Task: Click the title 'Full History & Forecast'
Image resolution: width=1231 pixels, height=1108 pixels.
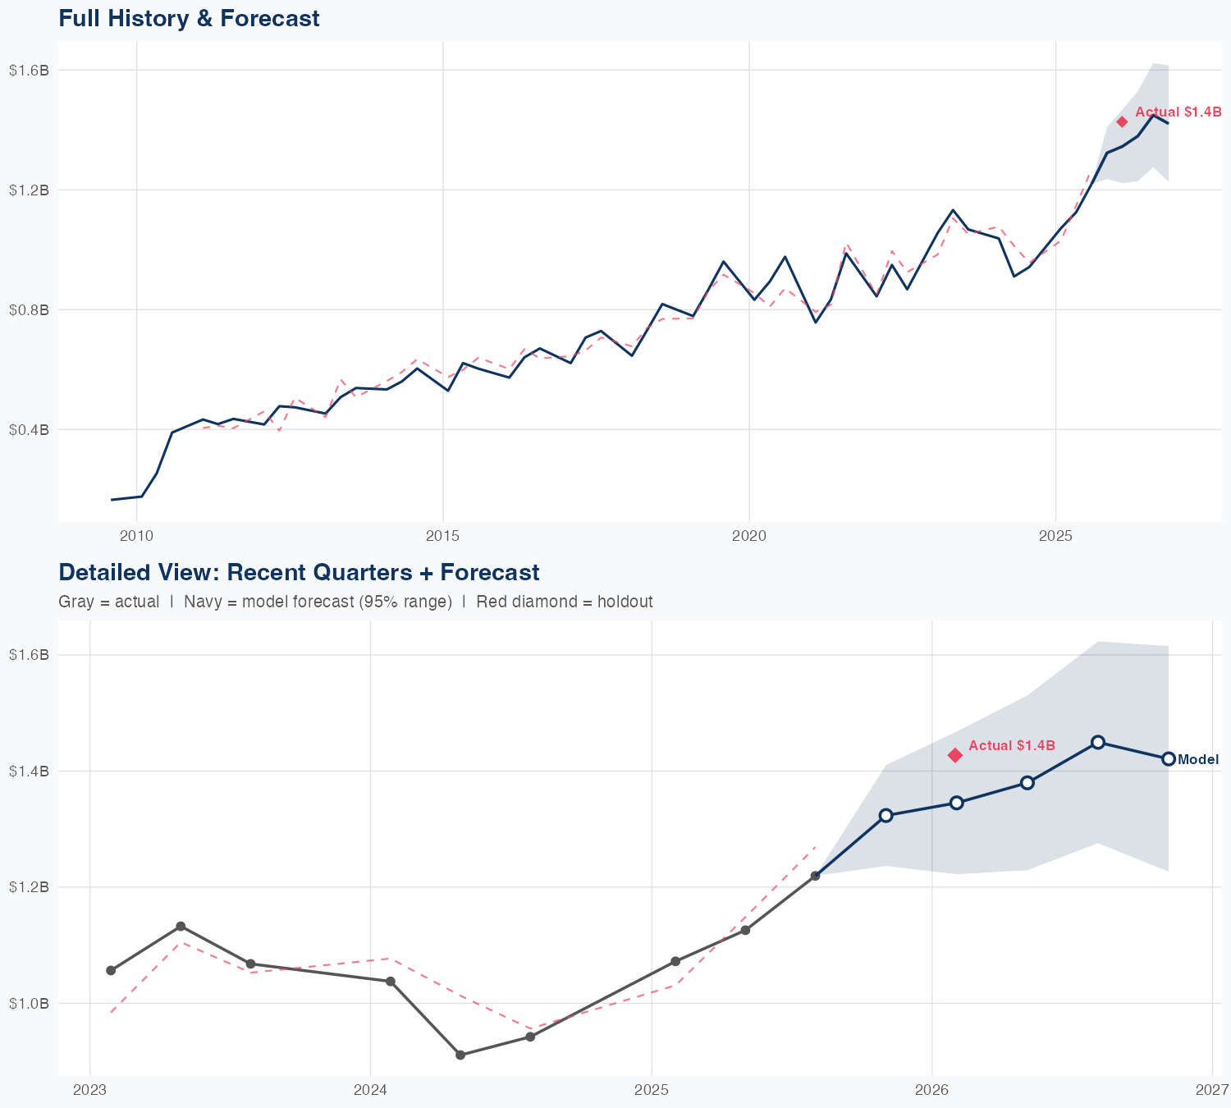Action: pyautogui.click(x=189, y=18)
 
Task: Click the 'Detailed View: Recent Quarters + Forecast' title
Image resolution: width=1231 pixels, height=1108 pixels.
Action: pyautogui.click(x=299, y=572)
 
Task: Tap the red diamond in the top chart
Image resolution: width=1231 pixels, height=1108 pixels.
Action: pyautogui.click(x=1122, y=122)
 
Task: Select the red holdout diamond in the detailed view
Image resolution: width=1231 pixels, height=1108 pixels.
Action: pyautogui.click(x=955, y=755)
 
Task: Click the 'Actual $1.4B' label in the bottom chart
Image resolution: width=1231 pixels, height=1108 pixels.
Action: pyautogui.click(x=1012, y=745)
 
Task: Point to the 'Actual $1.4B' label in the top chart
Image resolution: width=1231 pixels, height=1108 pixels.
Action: pyautogui.click(x=1178, y=112)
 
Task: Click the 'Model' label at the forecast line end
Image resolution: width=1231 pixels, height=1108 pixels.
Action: pyautogui.click(x=1198, y=760)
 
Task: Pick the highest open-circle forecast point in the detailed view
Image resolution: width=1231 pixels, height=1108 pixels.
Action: pyautogui.click(x=1098, y=742)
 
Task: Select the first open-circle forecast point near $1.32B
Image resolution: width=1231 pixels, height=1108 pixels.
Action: pyautogui.click(x=885, y=815)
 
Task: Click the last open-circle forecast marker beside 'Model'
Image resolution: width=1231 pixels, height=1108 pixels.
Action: pyautogui.click(x=1169, y=759)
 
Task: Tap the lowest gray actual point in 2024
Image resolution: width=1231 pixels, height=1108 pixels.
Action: pyautogui.click(x=460, y=1055)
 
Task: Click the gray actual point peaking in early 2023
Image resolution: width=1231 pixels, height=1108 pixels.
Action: pyautogui.click(x=181, y=927)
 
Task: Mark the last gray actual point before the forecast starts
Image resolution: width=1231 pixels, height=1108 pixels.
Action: pyautogui.click(x=815, y=876)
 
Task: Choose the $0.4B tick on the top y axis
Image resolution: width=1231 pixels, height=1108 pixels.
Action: pyautogui.click(x=29, y=429)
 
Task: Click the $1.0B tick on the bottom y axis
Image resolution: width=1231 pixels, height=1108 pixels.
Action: pyautogui.click(x=29, y=1003)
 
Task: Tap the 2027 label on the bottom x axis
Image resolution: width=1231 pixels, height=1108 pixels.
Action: pyautogui.click(x=1212, y=1090)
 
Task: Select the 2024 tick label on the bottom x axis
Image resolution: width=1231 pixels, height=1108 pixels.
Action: pyautogui.click(x=370, y=1090)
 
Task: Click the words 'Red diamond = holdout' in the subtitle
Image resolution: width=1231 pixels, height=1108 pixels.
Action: pyautogui.click(x=564, y=602)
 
